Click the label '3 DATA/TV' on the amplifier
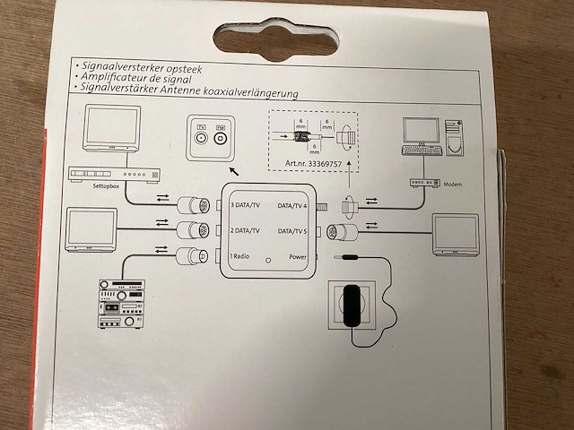[x=247, y=204]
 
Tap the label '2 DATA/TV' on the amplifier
[x=247, y=230]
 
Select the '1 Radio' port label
[x=241, y=256]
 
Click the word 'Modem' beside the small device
[x=454, y=185]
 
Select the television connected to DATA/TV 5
[x=455, y=234]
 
